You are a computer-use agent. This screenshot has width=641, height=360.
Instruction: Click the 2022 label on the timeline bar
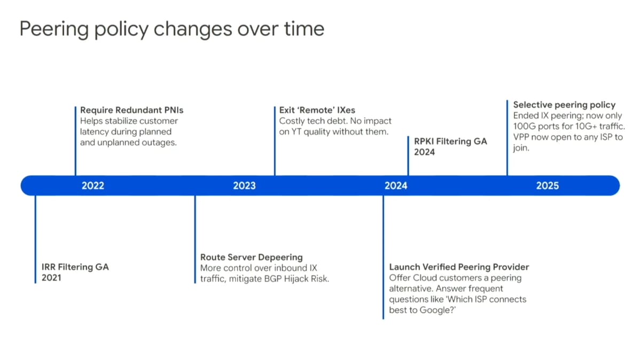pyautogui.click(x=93, y=186)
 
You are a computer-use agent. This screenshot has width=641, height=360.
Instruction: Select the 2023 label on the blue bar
pyautogui.click(x=245, y=186)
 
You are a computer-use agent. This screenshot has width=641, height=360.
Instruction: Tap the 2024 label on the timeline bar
pyautogui.click(x=396, y=186)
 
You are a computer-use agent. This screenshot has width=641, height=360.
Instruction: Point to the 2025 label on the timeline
pyautogui.click(x=548, y=186)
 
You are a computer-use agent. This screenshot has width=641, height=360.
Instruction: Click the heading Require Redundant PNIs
pyautogui.click(x=131, y=110)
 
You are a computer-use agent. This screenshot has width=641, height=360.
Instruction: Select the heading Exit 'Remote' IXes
pyautogui.click(x=317, y=110)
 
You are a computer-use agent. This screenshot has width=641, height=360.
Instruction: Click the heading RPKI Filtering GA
pyautogui.click(x=450, y=142)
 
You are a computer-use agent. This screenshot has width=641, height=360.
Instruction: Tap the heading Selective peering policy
pyautogui.click(x=564, y=105)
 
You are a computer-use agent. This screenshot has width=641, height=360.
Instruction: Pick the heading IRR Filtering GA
pyautogui.click(x=75, y=267)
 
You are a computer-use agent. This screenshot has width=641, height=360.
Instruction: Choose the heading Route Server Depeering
pyautogui.click(x=251, y=257)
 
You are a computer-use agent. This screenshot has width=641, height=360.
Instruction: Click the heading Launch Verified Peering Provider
pyautogui.click(x=459, y=267)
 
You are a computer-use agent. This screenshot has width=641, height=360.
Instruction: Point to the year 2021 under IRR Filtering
pyautogui.click(x=51, y=278)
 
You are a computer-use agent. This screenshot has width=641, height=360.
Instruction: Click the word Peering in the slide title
pyautogui.click(x=54, y=29)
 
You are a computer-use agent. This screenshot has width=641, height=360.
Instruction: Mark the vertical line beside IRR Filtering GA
pyautogui.click(x=35, y=239)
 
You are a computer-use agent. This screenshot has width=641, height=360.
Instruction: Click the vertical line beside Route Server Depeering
pyautogui.click(x=195, y=239)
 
